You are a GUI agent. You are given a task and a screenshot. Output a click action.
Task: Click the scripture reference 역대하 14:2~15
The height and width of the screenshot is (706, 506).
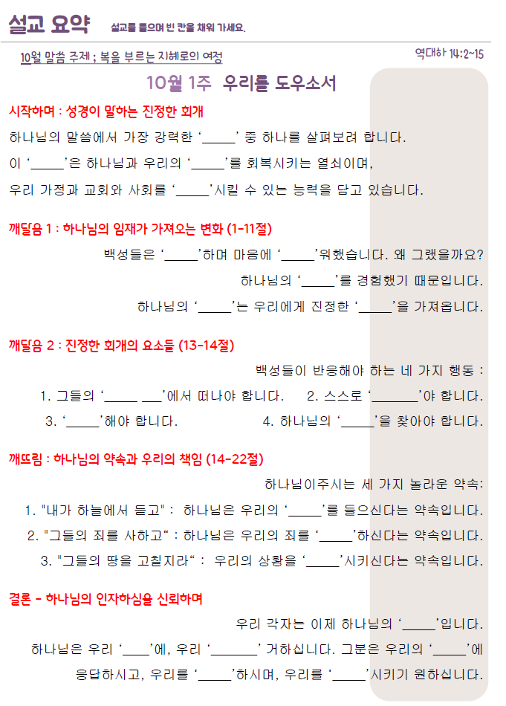(450, 53)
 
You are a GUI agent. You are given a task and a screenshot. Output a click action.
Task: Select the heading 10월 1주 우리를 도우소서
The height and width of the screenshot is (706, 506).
(241, 82)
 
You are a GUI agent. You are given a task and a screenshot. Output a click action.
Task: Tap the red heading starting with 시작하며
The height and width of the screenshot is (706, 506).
(106, 112)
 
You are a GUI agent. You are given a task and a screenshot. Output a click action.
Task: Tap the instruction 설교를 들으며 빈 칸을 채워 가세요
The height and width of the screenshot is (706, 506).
(178, 28)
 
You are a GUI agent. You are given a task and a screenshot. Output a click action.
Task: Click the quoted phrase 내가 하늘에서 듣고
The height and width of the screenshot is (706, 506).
(103, 511)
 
